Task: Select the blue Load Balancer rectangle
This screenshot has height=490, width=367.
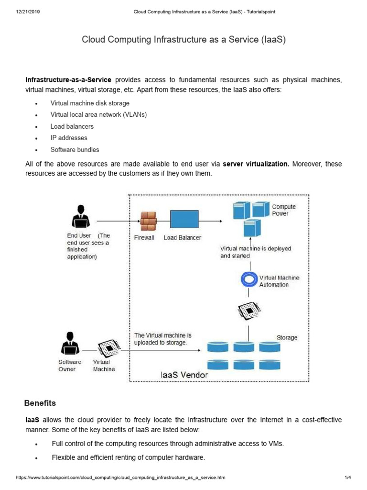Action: coord(184,220)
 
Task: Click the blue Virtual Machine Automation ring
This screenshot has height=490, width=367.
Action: coord(248,279)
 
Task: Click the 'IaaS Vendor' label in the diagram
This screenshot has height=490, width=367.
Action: coord(184,375)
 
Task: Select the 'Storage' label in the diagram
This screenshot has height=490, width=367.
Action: coord(287,337)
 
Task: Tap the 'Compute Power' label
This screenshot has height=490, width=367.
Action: coord(284,210)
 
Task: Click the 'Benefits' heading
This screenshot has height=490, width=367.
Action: coord(41,403)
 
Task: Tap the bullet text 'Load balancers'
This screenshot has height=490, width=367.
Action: coord(72,126)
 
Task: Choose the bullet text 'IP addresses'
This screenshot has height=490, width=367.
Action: coord(69,138)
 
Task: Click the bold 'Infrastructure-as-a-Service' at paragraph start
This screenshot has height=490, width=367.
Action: coord(68,79)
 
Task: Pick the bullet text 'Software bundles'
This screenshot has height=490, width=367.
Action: coord(75,149)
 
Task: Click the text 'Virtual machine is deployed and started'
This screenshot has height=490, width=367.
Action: coord(255,252)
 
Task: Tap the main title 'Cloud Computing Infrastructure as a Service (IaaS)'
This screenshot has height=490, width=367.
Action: coord(183,40)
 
